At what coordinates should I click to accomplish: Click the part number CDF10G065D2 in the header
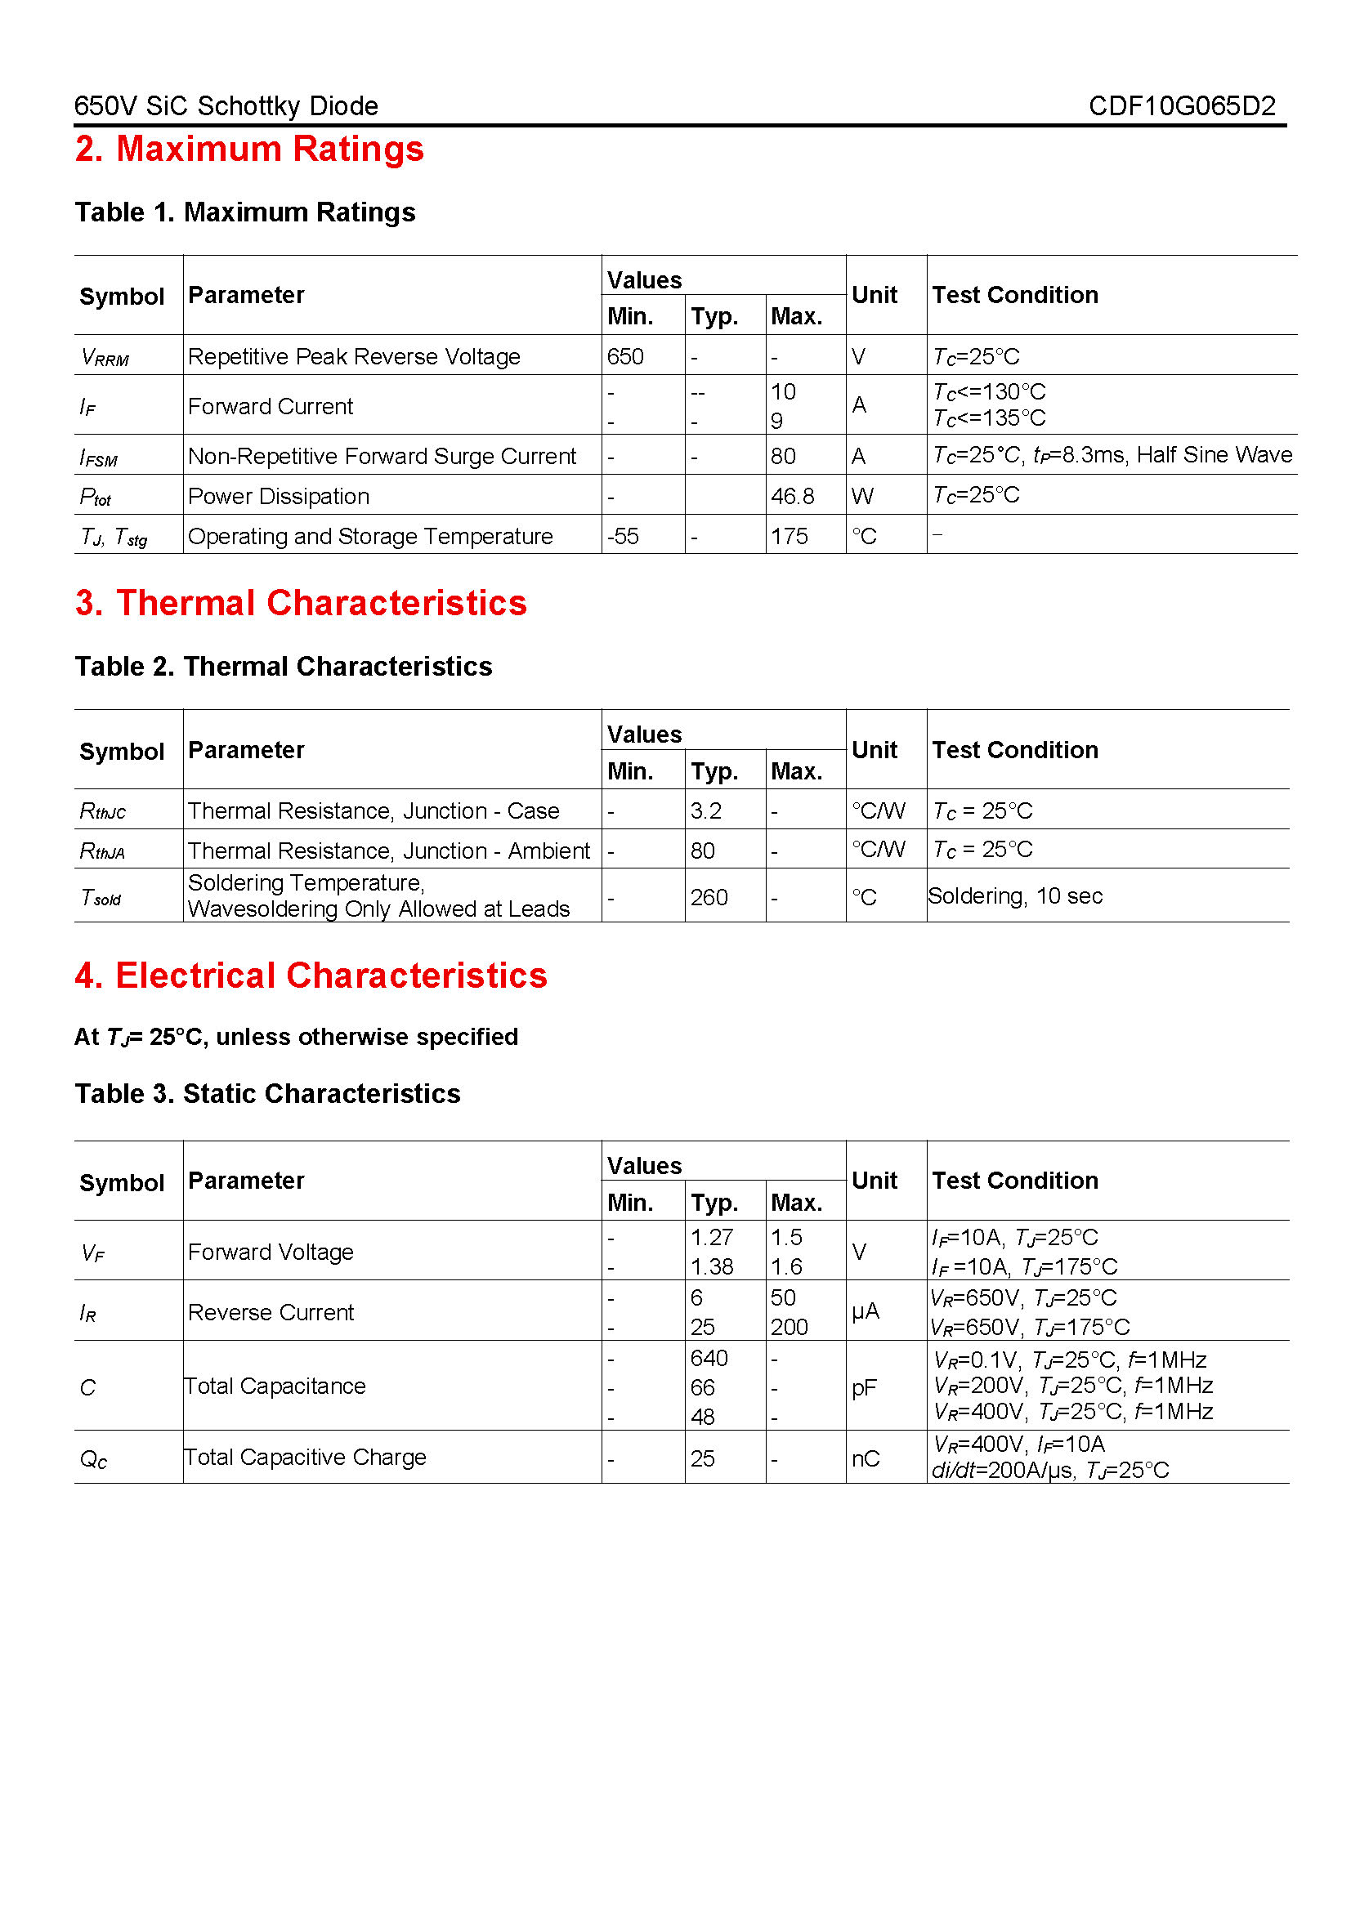(x=1181, y=105)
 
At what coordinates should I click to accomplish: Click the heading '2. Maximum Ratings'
(x=249, y=149)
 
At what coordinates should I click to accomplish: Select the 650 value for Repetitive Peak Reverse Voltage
(x=625, y=356)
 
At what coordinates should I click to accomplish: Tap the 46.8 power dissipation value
(x=792, y=496)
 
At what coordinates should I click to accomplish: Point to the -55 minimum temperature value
(x=623, y=536)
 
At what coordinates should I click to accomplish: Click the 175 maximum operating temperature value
(x=789, y=536)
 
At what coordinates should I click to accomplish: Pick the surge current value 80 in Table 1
(x=782, y=456)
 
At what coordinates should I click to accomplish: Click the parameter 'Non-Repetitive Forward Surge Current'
(x=381, y=456)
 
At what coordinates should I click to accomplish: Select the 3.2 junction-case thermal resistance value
(x=705, y=810)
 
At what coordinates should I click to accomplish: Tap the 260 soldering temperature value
(x=709, y=897)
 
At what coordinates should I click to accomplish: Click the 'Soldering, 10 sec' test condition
(x=1015, y=895)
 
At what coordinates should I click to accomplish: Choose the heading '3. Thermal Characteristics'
(x=301, y=604)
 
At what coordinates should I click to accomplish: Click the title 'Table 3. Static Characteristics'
(x=267, y=1093)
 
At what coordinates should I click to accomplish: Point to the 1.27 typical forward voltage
(x=711, y=1237)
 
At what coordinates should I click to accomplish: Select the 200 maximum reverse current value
(x=789, y=1327)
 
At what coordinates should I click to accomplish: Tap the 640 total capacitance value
(x=709, y=1359)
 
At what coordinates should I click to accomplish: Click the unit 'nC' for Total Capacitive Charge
(x=865, y=1458)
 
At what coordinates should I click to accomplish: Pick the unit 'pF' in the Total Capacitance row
(x=863, y=1387)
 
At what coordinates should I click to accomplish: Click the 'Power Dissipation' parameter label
(x=278, y=496)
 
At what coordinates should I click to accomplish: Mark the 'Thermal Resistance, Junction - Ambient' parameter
(x=388, y=851)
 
